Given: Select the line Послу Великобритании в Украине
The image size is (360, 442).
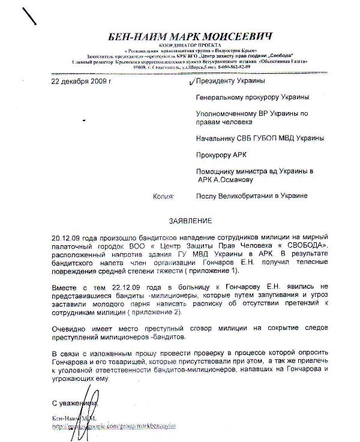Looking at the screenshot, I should (252, 196).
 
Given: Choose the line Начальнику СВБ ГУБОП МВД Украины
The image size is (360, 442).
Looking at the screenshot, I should (260, 137).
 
